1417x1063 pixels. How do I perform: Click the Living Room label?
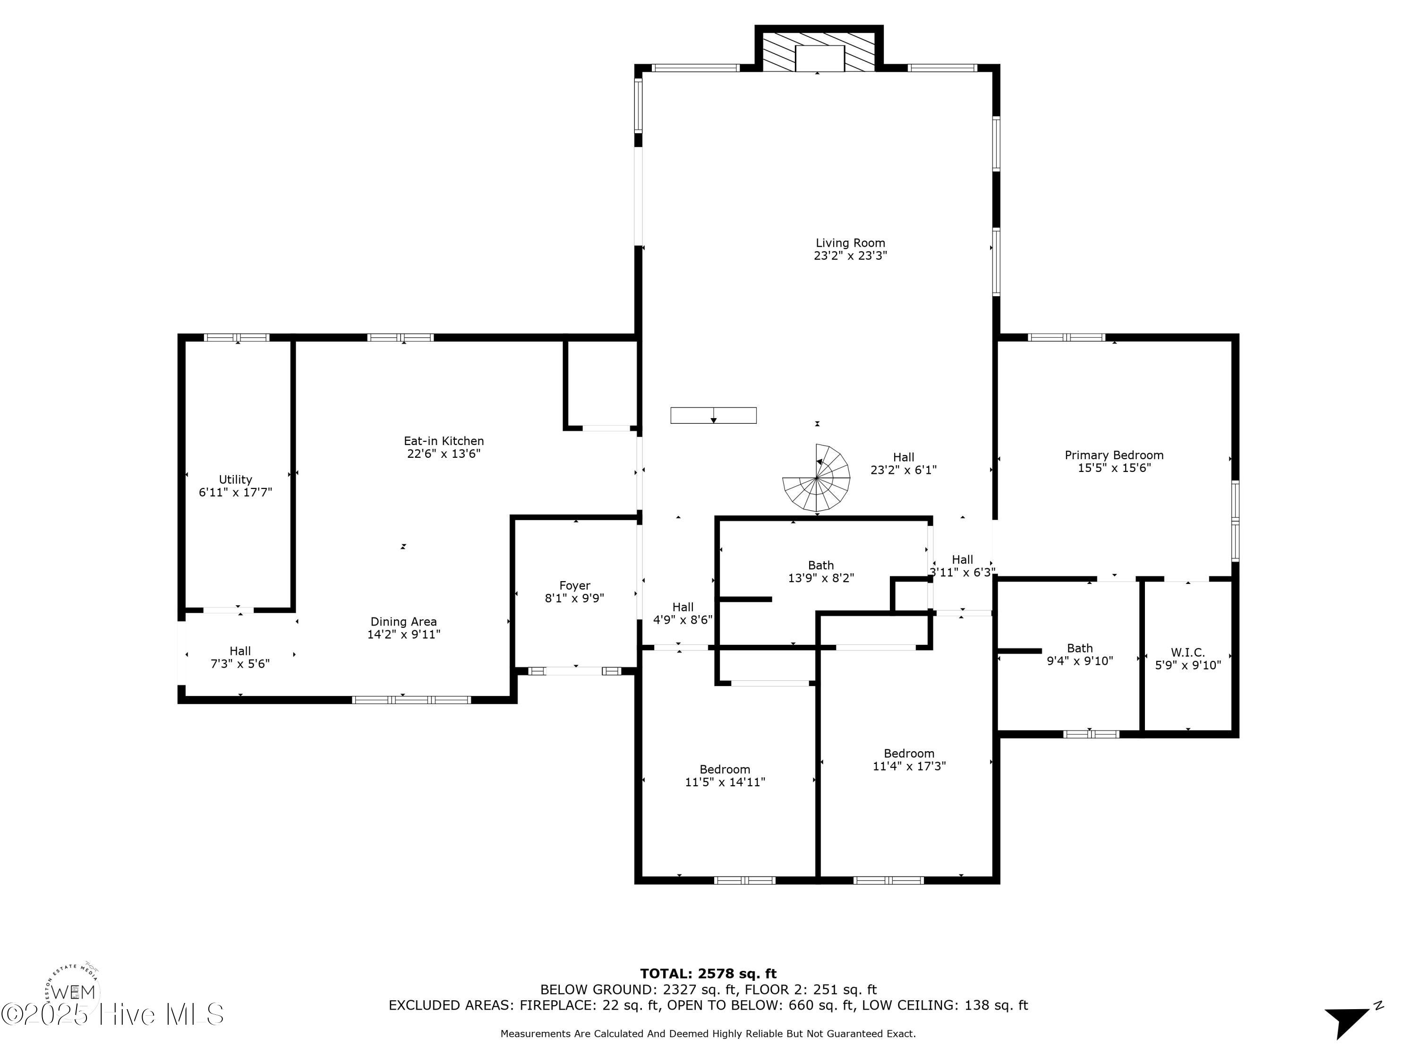click(850, 243)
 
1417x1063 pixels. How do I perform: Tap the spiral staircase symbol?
click(816, 478)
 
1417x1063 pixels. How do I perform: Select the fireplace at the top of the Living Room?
click(819, 49)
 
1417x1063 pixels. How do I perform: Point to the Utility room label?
click(235, 479)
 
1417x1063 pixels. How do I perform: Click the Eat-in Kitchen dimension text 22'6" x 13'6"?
click(444, 454)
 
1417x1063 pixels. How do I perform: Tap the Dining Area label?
click(403, 622)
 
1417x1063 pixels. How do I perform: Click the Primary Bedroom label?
click(1114, 455)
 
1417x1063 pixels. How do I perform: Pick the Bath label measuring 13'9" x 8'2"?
click(820, 565)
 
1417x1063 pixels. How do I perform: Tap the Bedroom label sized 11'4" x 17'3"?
click(909, 754)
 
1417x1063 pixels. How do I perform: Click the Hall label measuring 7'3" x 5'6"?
click(240, 651)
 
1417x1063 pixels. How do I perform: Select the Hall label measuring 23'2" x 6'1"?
click(903, 457)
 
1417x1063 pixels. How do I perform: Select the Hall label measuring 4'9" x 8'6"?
click(683, 607)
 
